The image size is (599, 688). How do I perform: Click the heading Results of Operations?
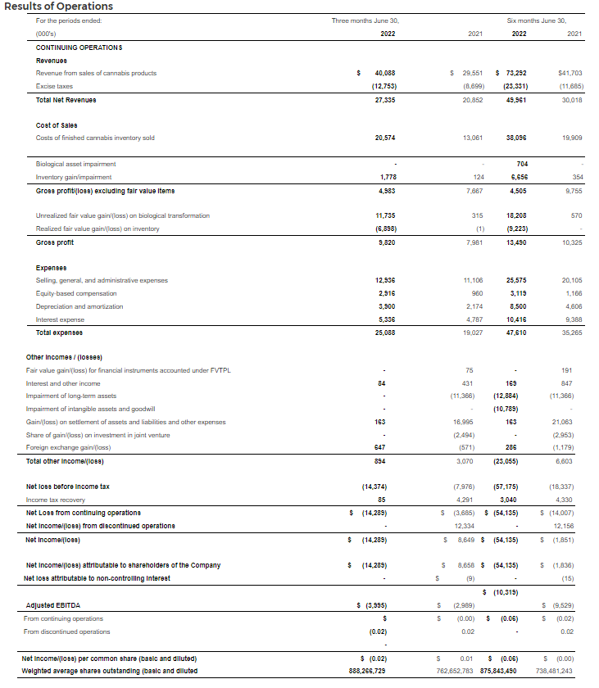[59, 7]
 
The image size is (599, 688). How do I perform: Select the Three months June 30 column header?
[365, 20]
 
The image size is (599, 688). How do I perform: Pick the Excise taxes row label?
[54, 86]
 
